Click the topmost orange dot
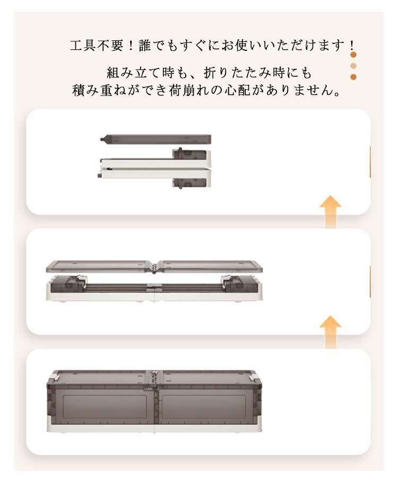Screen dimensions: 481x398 point(353,55)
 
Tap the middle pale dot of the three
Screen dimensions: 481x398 point(353,66)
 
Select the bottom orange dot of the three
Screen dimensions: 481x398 point(353,77)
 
